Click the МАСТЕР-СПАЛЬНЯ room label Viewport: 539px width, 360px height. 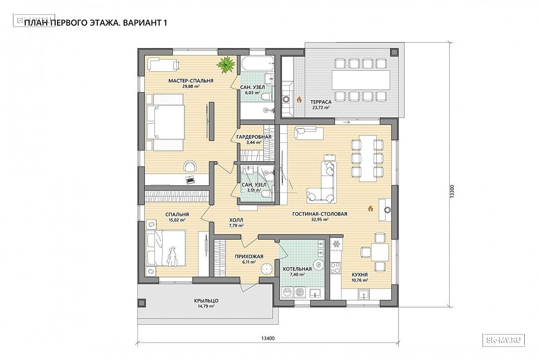pyautogui.click(x=191, y=81)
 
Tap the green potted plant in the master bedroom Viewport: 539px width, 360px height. pyautogui.click(x=226, y=64)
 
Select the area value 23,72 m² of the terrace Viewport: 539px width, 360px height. pyautogui.click(x=321, y=108)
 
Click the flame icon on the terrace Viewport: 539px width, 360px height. pyautogui.click(x=299, y=100)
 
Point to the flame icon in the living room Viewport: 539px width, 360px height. pyautogui.click(x=371, y=208)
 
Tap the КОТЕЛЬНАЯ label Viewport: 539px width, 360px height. pyautogui.click(x=297, y=269)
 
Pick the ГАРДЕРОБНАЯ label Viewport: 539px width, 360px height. pyautogui.click(x=254, y=137)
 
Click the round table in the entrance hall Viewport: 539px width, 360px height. pyautogui.click(x=267, y=269)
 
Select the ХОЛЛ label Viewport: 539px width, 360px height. pyautogui.click(x=236, y=220)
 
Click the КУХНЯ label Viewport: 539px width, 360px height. pyautogui.click(x=359, y=275)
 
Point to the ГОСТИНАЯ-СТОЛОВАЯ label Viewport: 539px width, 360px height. pyautogui.click(x=320, y=214)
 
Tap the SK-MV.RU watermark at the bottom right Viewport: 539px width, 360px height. pyautogui.click(x=504, y=340)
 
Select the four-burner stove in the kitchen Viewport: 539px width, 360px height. pyautogui.click(x=335, y=267)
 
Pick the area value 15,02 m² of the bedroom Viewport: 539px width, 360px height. pyautogui.click(x=177, y=220)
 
